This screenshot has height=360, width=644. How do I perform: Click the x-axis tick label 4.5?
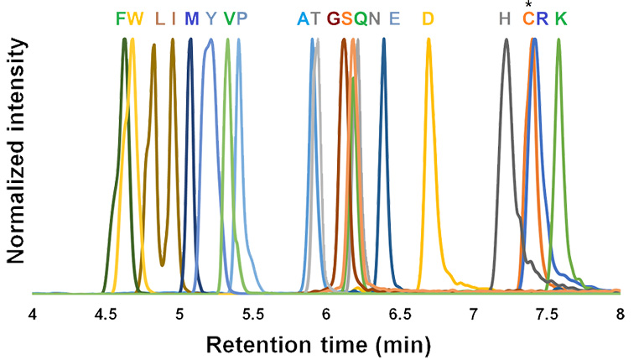(106, 316)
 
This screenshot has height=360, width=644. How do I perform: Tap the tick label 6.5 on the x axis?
(399, 316)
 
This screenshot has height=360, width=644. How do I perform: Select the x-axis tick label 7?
(473, 316)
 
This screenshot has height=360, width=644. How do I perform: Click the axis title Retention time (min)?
(326, 344)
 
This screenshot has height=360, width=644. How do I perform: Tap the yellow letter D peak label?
(428, 18)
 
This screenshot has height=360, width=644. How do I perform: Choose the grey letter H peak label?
(504, 18)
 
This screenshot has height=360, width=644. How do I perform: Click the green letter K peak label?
(560, 18)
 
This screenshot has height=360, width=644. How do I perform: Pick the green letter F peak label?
(121, 18)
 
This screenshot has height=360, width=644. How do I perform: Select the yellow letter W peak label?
(136, 18)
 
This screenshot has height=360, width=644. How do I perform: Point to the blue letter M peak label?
(192, 18)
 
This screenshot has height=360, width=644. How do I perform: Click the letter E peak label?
(395, 18)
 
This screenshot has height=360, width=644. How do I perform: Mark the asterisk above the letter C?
(528, 5)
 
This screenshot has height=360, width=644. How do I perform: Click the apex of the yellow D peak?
(429, 41)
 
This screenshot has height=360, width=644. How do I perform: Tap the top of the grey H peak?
(506, 40)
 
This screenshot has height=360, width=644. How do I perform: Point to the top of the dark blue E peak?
(384, 40)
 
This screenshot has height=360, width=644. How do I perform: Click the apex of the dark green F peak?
(124, 40)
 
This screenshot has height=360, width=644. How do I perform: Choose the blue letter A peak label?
(303, 18)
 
